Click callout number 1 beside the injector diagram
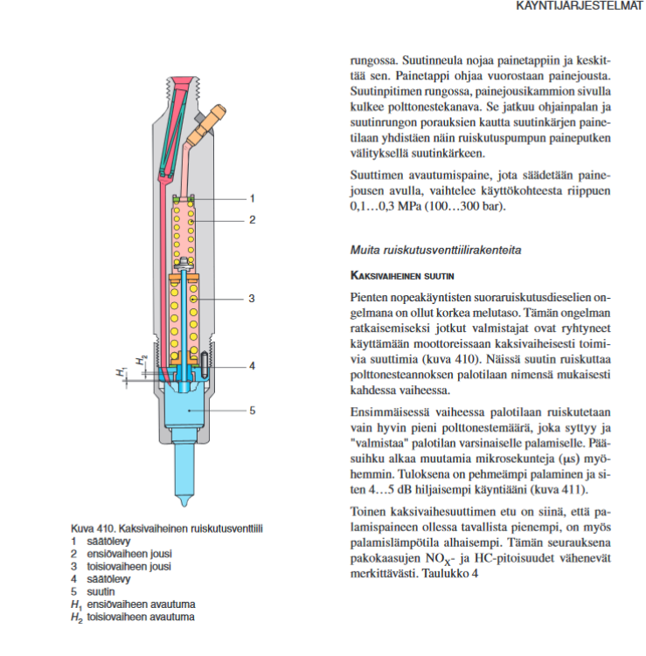tap(252, 197)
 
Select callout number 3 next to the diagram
tap(252, 299)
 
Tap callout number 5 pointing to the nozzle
tap(252, 409)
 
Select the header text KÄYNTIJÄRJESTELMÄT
tap(580, 7)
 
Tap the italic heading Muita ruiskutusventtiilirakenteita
tap(436, 250)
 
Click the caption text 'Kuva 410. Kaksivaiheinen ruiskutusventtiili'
tap(167, 528)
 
